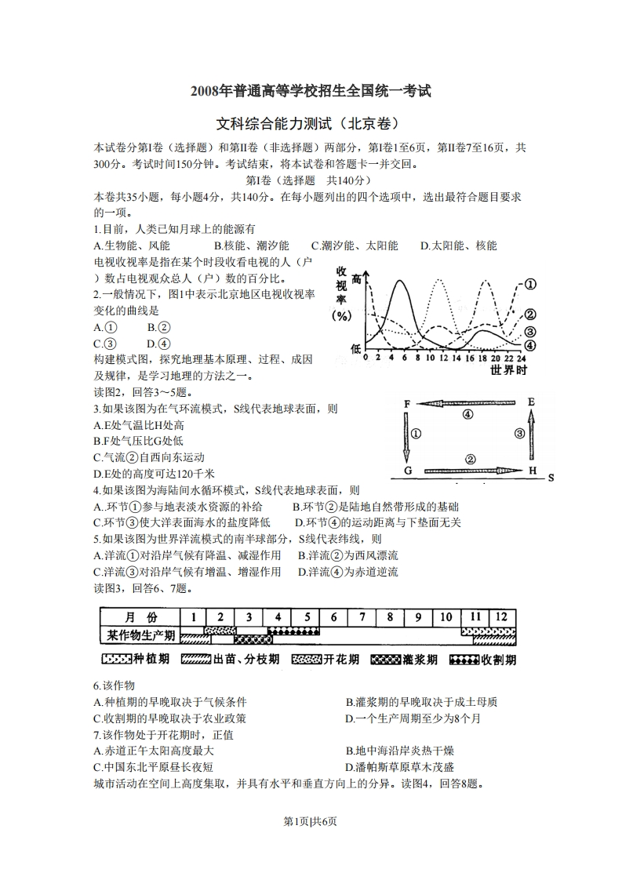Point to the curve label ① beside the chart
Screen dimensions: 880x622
point(529,285)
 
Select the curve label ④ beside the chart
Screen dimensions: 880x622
point(529,345)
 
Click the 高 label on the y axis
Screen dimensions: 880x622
point(358,279)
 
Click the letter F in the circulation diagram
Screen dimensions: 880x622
point(407,404)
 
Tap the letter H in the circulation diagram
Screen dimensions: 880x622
point(533,471)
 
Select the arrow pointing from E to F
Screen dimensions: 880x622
point(468,403)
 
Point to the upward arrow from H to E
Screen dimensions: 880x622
point(531,436)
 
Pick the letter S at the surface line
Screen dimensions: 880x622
point(551,477)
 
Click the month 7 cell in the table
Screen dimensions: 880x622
point(362,616)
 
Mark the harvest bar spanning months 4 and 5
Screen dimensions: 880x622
point(293,631)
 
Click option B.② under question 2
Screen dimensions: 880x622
point(158,328)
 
